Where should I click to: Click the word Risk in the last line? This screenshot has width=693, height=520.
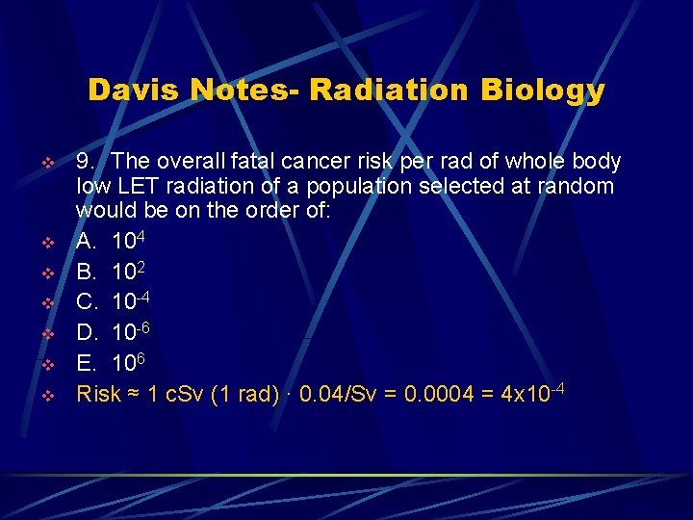[98, 394]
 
